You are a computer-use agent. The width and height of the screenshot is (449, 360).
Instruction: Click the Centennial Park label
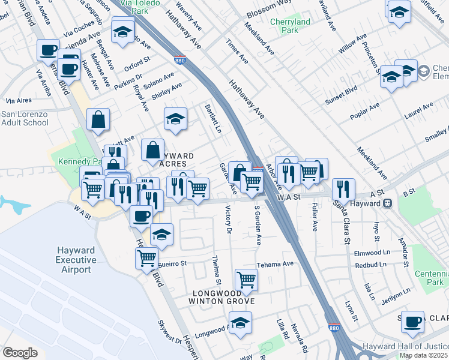pos(432,277)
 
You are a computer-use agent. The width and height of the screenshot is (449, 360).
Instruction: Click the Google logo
pos(20,353)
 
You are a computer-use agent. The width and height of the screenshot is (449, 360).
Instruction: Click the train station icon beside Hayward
pos(388,203)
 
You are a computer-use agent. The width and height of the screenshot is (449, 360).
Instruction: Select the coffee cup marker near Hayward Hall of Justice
pos(412,321)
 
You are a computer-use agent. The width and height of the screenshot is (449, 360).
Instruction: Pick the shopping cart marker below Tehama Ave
pos(246,278)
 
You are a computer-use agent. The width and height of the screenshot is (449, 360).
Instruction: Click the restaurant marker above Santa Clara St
pos(343,188)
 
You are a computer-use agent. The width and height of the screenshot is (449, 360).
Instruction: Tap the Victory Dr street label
pos(228,220)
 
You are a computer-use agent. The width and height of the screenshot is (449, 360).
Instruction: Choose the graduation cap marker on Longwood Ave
pos(241,323)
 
